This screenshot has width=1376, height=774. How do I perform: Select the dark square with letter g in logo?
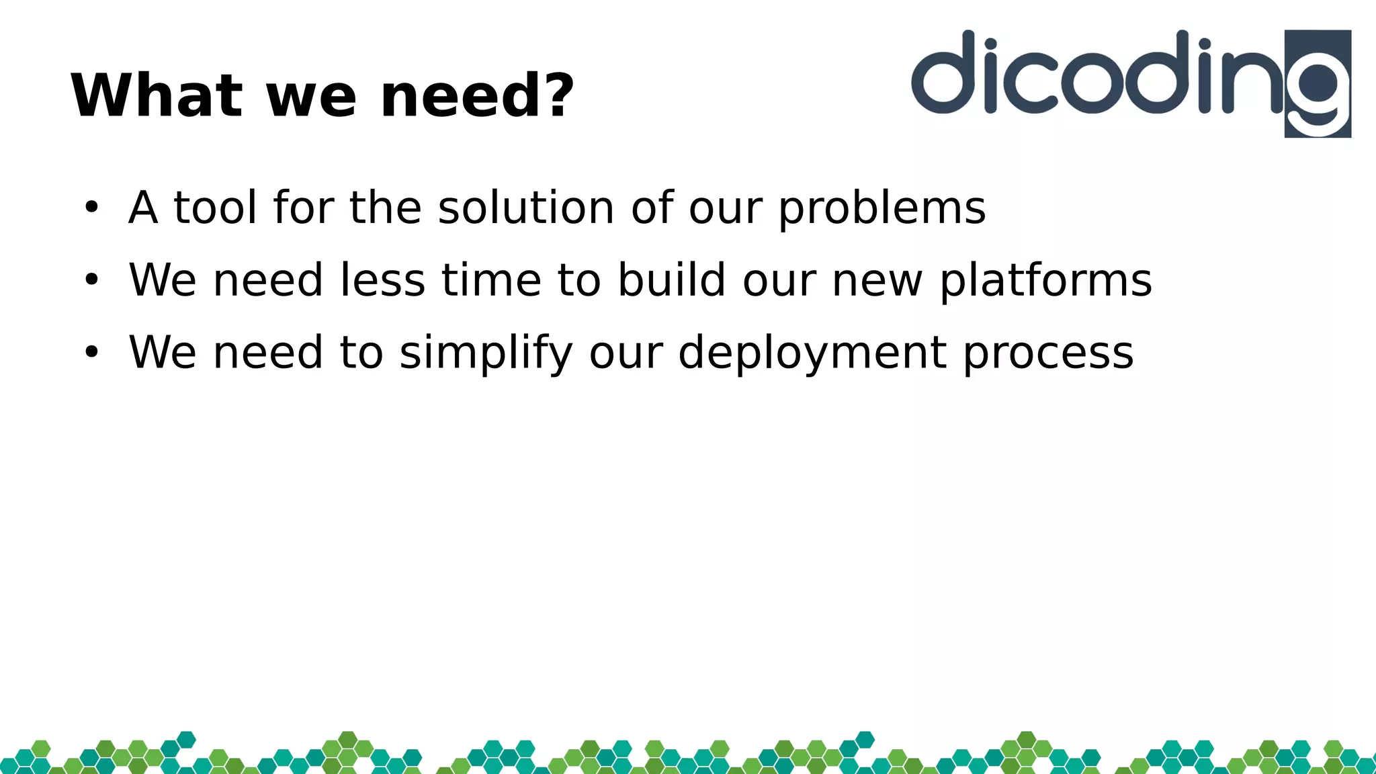(1318, 84)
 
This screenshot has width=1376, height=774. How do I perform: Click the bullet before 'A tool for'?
(91, 208)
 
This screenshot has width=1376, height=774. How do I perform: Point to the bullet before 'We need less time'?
(91, 280)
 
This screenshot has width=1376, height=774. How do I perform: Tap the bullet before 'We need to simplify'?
(91, 352)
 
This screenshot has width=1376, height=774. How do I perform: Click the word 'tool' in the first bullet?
(215, 208)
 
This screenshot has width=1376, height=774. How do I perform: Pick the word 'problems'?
(881, 209)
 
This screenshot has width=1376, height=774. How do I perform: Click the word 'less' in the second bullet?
(382, 280)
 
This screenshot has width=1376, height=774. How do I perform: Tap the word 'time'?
(491, 280)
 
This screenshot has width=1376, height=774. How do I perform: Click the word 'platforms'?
(1045, 282)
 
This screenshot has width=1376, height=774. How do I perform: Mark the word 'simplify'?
(486, 354)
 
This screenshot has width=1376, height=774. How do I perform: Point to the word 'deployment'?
(812, 354)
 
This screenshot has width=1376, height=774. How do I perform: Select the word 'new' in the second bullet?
(877, 282)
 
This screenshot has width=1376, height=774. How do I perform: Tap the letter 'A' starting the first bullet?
(143, 208)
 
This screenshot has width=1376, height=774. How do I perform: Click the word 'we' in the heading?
(311, 97)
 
